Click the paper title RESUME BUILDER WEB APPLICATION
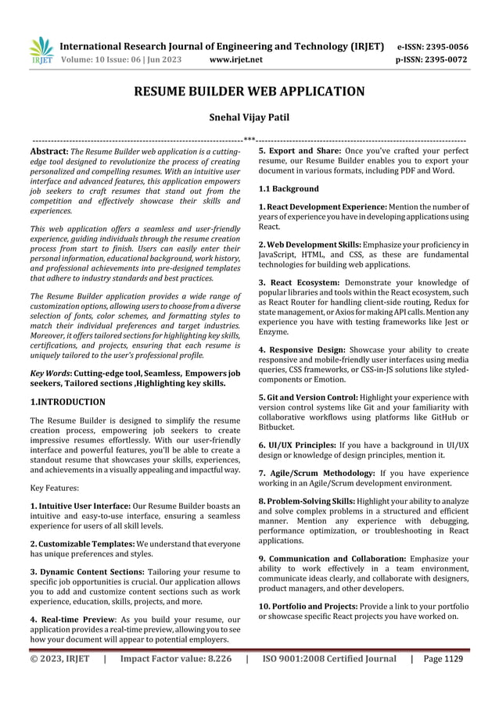point(249,91)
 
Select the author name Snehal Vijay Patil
point(249,119)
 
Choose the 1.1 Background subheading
point(289,189)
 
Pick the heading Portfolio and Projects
point(328,607)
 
